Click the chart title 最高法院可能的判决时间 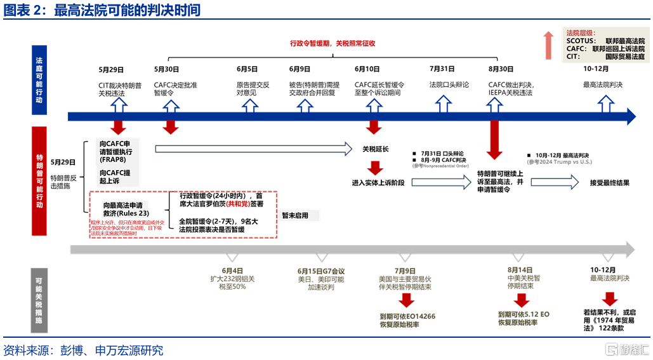pos(127,10)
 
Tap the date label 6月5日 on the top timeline pos(247,69)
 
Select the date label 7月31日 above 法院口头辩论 pos(442,69)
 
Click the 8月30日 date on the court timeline pos(501,69)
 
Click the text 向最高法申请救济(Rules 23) pos(126,210)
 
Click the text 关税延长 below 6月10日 pos(375,149)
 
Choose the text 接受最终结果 pos(609,183)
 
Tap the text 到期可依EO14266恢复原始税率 pos(407,321)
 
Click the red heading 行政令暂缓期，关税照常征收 pos(333,44)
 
